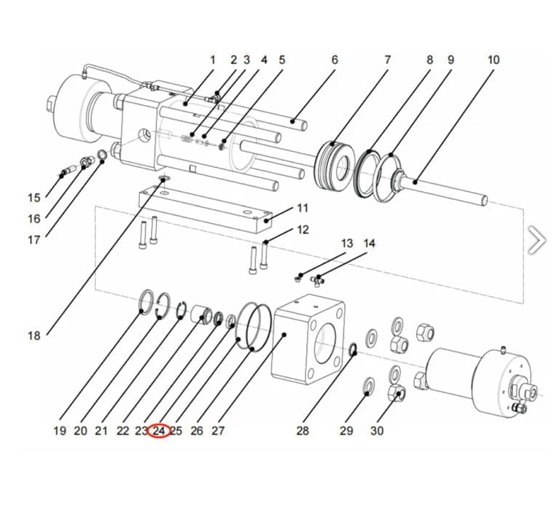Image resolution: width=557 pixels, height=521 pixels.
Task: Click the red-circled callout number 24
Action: click(160, 431)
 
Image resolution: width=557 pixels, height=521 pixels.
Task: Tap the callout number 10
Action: click(494, 60)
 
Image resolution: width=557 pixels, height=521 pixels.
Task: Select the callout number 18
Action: click(34, 336)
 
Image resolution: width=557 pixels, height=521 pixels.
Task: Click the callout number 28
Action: click(303, 431)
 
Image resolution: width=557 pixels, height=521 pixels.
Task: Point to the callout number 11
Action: click(303, 209)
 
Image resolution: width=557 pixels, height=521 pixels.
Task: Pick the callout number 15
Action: click(34, 198)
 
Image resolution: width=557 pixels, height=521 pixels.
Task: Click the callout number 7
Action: click(388, 60)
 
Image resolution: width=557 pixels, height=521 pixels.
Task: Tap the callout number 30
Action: click(376, 431)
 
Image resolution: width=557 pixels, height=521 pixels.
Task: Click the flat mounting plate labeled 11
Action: click(204, 208)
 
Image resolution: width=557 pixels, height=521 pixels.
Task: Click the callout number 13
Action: click(347, 244)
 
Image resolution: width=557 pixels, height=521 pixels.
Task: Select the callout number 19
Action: click(60, 431)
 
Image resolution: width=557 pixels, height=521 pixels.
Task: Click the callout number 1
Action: click(213, 60)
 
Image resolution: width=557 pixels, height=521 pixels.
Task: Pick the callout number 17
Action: click(34, 239)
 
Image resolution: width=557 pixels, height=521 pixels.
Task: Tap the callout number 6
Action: click(335, 60)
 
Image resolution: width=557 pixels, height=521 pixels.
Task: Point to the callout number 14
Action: click(370, 244)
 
